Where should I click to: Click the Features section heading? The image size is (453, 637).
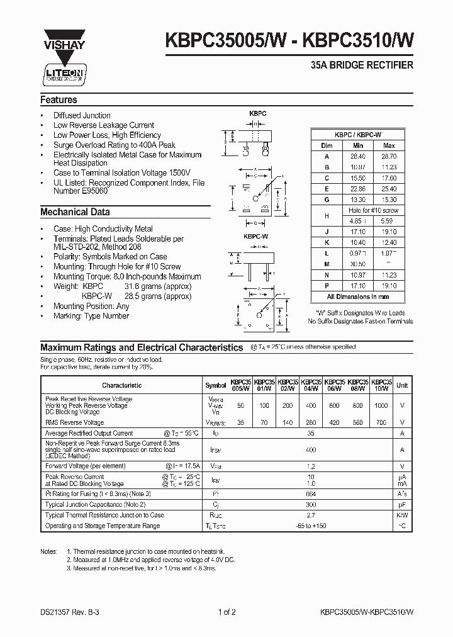[x=59, y=100]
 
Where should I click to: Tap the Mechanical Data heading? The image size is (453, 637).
[x=75, y=212]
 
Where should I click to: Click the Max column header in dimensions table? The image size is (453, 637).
[x=388, y=145]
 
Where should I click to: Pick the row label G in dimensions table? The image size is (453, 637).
[x=327, y=199]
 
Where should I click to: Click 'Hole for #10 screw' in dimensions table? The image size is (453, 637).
[x=373, y=210]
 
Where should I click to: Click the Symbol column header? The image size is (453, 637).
[x=215, y=385]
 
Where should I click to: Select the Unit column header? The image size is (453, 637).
[x=402, y=385]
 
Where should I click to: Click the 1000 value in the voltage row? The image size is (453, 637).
[x=381, y=406]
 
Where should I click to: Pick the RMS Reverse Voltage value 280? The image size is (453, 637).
[x=311, y=423]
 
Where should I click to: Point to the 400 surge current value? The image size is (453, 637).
[x=311, y=450]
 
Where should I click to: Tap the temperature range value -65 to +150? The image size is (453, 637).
[x=311, y=525]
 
